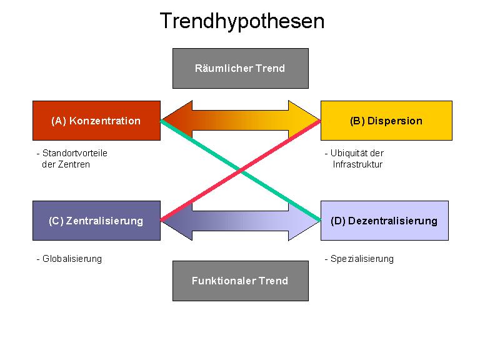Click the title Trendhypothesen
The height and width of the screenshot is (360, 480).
pos(242,21)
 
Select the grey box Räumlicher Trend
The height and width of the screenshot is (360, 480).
pos(240,68)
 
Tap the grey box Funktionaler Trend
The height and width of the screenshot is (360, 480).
pos(240,281)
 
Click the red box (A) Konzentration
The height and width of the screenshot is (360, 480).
pos(96,121)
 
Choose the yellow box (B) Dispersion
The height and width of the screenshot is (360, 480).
pos(386,121)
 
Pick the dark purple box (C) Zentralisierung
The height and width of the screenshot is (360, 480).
pos(96,221)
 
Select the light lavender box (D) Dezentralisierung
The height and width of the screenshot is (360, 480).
pos(384,221)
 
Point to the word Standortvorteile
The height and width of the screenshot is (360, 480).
pos(75,153)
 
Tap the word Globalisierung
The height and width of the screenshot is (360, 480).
pos(72,259)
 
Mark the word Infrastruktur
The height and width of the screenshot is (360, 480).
pos(357,164)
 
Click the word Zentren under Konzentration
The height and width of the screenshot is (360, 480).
pos(76,164)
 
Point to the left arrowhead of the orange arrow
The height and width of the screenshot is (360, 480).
pos(175,121)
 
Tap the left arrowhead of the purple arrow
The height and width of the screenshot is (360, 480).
pos(175,221)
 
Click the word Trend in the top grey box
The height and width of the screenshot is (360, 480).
pos(270,68)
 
